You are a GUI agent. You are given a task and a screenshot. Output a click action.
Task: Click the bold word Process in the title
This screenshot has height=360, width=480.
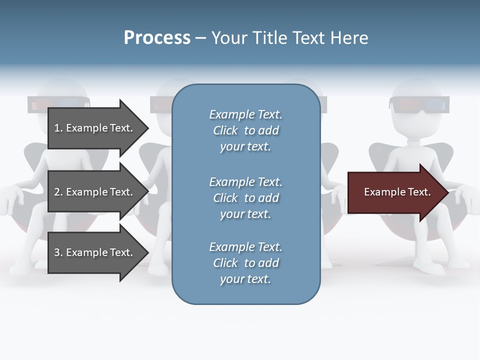(x=157, y=38)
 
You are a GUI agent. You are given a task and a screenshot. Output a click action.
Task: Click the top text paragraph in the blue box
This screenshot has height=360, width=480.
(x=245, y=130)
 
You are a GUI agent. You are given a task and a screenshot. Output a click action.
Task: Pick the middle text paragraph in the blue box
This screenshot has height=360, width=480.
(x=245, y=198)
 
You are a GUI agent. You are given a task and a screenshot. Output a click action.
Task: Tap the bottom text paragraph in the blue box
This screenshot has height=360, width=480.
(x=245, y=263)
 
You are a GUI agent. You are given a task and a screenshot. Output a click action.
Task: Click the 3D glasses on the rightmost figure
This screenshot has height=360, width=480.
(x=419, y=105)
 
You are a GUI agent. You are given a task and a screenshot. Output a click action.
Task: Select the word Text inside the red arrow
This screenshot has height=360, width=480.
(x=418, y=192)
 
